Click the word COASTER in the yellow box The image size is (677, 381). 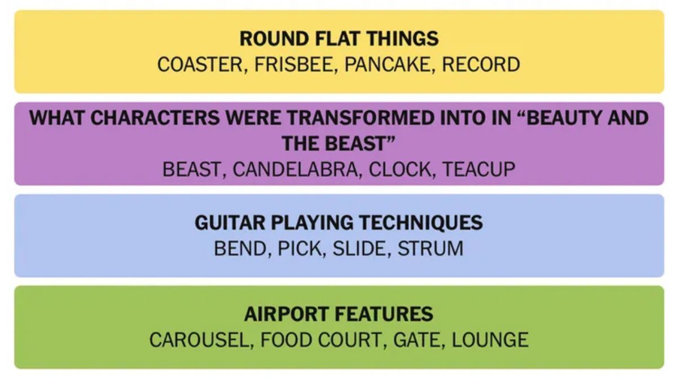pos(199,64)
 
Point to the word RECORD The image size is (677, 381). pos(481,64)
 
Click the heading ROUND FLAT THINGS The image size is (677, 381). pos(338,39)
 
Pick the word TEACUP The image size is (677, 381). pos(479,169)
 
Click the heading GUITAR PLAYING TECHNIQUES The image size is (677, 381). pos(338,222)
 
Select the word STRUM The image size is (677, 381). pos(430,248)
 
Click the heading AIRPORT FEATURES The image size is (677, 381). pos(338,314)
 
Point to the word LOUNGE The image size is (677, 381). pos(490,340)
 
